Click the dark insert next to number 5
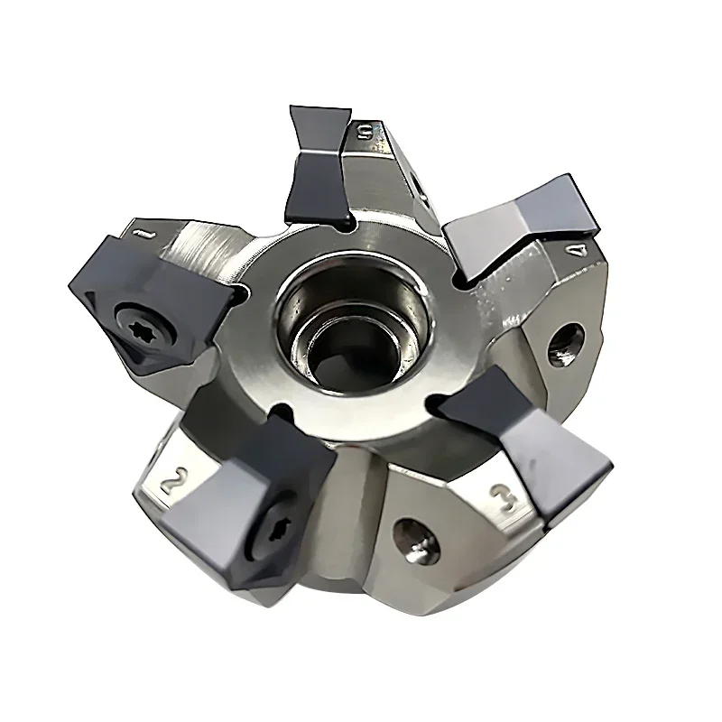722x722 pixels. [x=318, y=167]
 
